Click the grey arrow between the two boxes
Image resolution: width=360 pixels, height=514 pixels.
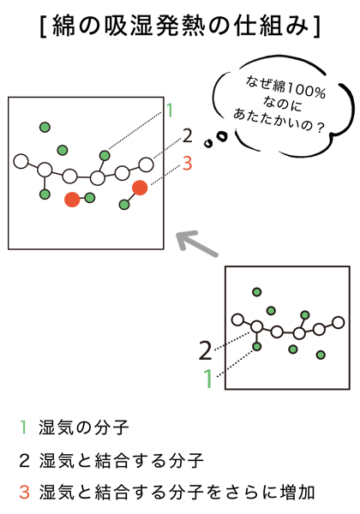coord(197,244)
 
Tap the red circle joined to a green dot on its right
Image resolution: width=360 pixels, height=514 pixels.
coord(72,200)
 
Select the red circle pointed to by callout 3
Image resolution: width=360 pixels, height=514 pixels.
coord(140,188)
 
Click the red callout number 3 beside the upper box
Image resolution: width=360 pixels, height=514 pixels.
coord(187,164)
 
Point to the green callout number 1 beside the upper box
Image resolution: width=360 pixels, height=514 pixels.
coord(170,111)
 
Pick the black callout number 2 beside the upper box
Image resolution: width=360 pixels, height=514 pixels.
coord(187,136)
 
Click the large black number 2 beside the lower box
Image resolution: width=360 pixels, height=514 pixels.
coord(206,350)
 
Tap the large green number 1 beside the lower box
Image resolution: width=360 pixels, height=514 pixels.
coord(208,379)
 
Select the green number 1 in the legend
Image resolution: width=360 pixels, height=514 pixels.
coord(23,427)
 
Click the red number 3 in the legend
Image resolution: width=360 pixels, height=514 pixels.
coord(24,492)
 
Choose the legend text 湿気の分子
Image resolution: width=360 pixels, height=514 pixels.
coord(84,427)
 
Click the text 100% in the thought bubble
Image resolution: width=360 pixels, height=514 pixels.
coord(307,91)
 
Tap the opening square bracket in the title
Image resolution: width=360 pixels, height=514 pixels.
coord(43,26)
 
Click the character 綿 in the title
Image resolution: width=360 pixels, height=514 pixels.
coord(63,25)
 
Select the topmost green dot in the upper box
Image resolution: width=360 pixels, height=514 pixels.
coord(45,127)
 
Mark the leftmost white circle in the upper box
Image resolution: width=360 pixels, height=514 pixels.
coord(21,162)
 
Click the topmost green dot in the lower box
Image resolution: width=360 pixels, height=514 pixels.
coord(257,292)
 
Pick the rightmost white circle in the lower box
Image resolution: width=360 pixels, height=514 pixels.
coord(338,323)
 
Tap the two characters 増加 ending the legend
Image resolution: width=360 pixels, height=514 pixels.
coord(298,492)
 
